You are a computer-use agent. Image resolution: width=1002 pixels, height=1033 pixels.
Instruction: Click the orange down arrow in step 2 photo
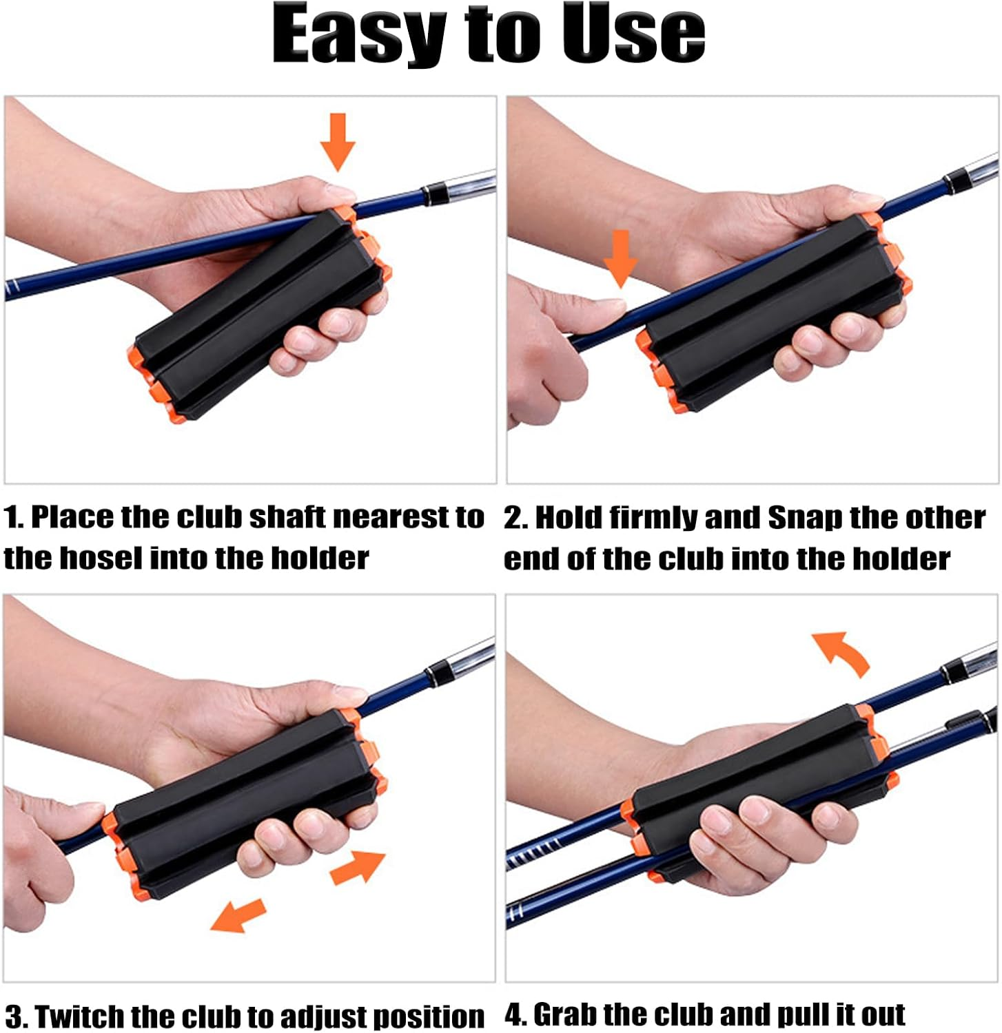pos(620,259)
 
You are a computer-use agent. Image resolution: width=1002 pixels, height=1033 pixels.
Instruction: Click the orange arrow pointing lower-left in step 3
pos(238,916)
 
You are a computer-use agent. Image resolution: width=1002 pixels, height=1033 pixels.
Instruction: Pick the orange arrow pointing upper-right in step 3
pos(358,868)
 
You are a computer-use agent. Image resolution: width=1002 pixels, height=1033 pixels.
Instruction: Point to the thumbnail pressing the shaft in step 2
pos(609,307)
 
